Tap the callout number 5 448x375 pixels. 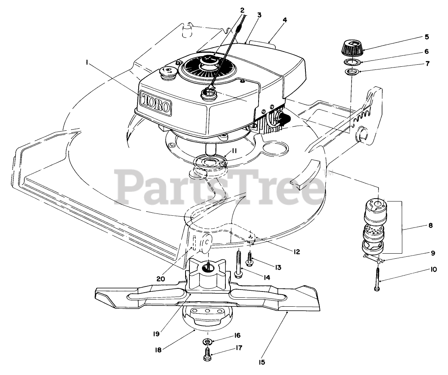[427, 37]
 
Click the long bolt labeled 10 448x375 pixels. [378, 277]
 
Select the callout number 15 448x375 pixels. [261, 362]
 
